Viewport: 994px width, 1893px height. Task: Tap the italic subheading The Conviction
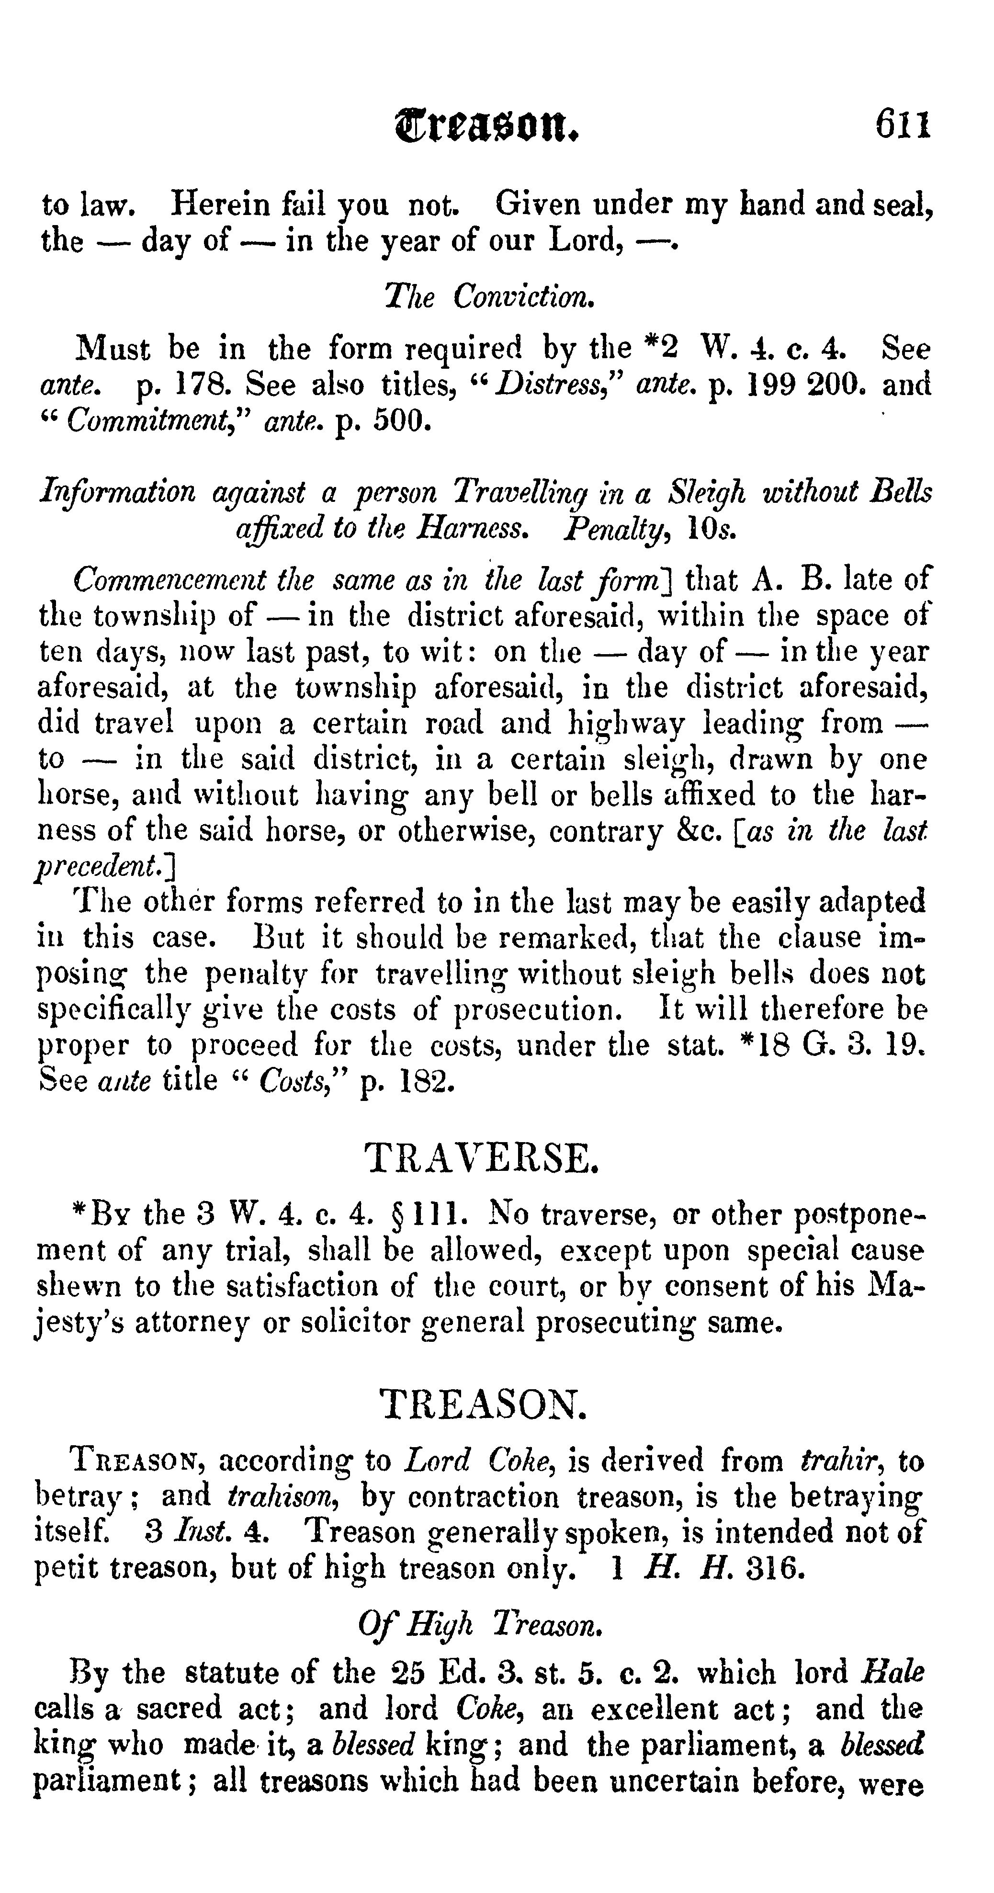pyautogui.click(x=487, y=296)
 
